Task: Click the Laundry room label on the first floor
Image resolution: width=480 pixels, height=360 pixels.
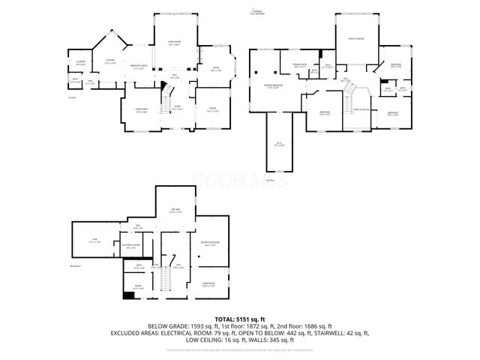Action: pos(80,62)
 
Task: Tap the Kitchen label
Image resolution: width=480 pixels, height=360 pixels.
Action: pos(109,61)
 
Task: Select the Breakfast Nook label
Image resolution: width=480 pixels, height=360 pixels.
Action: pos(138,67)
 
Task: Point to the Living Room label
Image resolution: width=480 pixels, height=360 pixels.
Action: pos(173,44)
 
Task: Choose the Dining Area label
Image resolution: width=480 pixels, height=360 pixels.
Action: pos(141,112)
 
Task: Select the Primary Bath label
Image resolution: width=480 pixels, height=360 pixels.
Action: pos(298,66)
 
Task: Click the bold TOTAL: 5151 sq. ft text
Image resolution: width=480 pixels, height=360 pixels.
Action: pos(239,319)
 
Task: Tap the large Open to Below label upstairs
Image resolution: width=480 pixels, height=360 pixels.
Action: pos(355,37)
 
